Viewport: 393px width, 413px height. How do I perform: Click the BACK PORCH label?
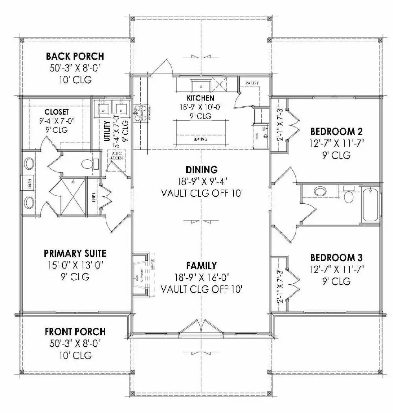coord(75,56)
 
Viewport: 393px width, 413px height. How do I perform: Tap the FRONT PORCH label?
coord(75,332)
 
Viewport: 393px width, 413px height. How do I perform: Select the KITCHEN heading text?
coord(200,98)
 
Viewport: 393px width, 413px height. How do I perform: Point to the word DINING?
coord(201,170)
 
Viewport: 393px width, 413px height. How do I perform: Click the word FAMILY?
coord(202,266)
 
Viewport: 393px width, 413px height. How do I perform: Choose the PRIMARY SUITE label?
coord(75,253)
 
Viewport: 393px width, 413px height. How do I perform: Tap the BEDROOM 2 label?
coord(336,131)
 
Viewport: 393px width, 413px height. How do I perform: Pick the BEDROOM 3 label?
coord(336,258)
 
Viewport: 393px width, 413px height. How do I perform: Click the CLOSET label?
coord(57,111)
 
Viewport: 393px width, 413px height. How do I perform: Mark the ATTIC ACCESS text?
coord(117,155)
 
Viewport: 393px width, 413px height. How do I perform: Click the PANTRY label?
coord(252,83)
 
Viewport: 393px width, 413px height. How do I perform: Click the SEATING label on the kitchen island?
coord(200,139)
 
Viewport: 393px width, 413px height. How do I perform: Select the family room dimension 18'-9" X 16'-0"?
coord(201,278)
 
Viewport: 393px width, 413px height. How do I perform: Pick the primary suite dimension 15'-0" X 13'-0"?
coord(75,265)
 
